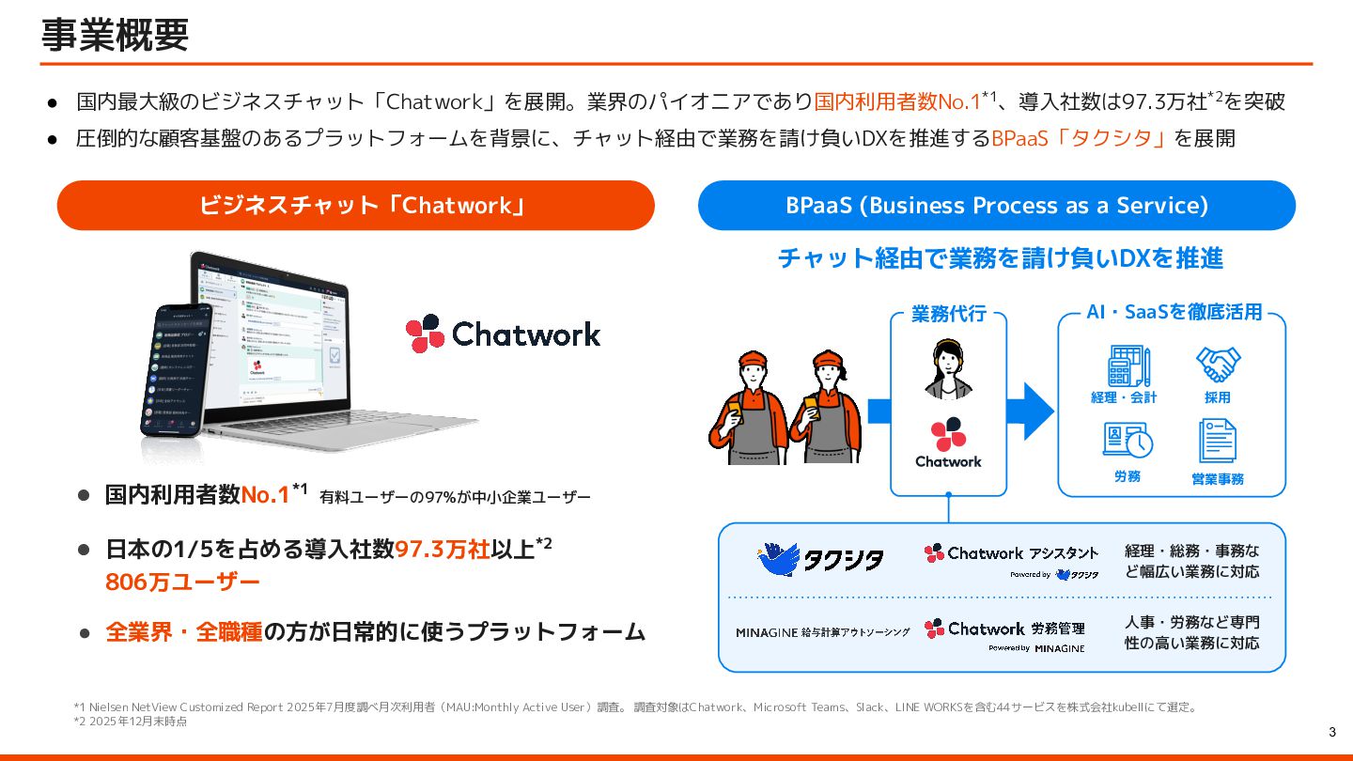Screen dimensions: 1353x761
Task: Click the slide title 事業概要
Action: tap(115, 36)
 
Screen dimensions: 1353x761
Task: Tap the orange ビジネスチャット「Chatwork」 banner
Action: tap(355, 205)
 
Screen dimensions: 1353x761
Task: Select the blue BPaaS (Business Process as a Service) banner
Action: tap(996, 205)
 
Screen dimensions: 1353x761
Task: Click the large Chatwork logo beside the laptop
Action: tap(503, 334)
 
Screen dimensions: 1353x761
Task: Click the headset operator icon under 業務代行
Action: tap(948, 369)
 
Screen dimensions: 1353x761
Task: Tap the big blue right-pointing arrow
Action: tap(1030, 411)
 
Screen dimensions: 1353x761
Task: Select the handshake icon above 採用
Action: tap(1218, 365)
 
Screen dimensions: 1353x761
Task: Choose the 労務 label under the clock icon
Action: tap(1127, 477)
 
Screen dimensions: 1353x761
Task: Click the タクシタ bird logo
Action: tap(820, 560)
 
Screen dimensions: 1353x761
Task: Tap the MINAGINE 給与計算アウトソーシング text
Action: tap(823, 632)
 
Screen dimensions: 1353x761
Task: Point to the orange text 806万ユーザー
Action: tap(182, 582)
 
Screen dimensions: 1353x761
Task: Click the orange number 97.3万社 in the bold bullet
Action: tap(443, 550)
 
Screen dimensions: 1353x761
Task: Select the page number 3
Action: tap(1332, 733)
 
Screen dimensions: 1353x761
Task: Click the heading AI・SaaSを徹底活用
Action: tap(1174, 312)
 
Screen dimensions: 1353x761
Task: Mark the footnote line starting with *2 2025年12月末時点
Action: tap(131, 722)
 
